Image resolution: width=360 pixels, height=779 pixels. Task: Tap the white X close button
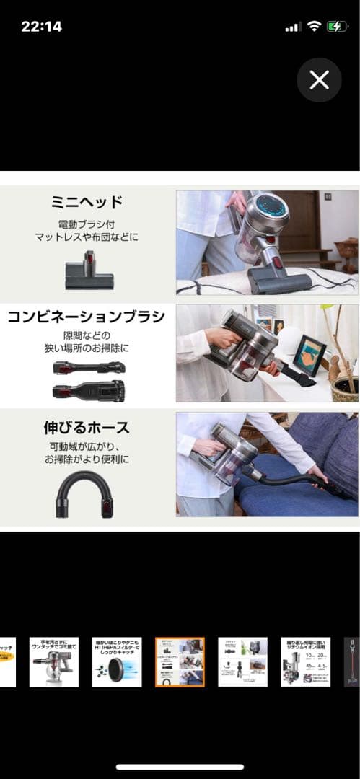click(x=319, y=80)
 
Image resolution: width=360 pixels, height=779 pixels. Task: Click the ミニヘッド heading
click(x=87, y=201)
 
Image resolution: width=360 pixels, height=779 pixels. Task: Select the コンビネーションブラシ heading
click(x=87, y=316)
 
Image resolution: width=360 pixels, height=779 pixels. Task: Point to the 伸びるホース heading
click(x=87, y=428)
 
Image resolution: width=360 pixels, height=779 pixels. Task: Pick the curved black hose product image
click(x=85, y=493)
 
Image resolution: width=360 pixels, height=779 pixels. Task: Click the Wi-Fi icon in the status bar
click(x=314, y=27)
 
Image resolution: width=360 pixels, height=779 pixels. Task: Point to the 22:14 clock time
click(x=41, y=27)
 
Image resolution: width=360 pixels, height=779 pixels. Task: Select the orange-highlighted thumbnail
click(x=180, y=661)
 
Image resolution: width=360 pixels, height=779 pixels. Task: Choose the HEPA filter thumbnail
click(x=117, y=661)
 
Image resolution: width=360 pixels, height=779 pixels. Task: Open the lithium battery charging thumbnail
click(x=305, y=661)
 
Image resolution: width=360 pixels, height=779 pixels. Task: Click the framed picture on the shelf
click(x=309, y=354)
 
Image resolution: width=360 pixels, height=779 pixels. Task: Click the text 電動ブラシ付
click(x=87, y=224)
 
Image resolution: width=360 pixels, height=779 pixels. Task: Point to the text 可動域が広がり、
click(x=87, y=446)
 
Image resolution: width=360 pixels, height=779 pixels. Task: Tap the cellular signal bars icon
click(x=293, y=27)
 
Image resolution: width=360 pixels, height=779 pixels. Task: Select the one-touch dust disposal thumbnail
click(x=54, y=661)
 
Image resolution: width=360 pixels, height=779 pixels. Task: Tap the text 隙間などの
click(x=87, y=335)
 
